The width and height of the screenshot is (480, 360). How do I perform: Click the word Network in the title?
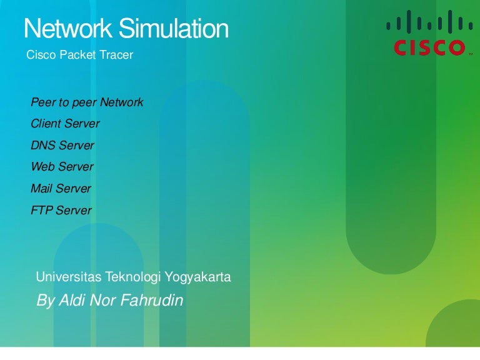[x=67, y=28]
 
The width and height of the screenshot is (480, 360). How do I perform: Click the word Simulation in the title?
[x=174, y=28]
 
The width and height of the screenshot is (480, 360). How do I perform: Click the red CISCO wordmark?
[x=429, y=47]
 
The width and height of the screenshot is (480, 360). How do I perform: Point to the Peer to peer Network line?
[x=87, y=102]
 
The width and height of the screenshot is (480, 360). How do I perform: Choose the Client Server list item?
[x=65, y=124]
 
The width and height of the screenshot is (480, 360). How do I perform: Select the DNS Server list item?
[x=62, y=145]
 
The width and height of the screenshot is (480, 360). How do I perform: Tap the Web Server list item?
[x=62, y=166]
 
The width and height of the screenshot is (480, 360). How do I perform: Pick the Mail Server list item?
[x=61, y=188]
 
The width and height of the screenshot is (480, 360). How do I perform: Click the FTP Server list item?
[x=61, y=210]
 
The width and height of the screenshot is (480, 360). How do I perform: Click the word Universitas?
[x=69, y=277]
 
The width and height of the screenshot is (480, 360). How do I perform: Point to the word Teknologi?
[x=133, y=277]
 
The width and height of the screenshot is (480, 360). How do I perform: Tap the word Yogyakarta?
[x=197, y=277]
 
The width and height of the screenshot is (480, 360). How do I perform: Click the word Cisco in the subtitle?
[x=41, y=55]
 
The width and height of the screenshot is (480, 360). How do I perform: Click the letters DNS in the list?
[x=43, y=145]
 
